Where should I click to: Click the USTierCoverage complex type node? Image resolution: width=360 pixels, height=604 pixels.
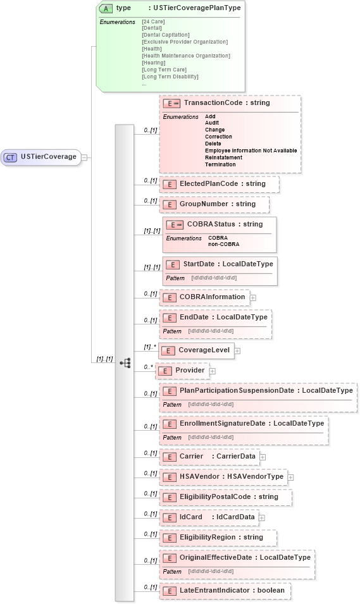click(42, 157)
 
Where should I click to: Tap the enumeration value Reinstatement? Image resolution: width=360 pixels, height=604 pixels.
click(223, 157)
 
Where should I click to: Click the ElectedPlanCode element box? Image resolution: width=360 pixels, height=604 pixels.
click(219, 184)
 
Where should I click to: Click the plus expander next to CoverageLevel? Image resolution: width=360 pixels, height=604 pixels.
click(237, 350)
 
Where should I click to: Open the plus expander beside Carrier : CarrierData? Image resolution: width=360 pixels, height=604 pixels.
click(262, 456)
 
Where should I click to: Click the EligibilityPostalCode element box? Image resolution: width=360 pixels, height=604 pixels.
click(225, 496)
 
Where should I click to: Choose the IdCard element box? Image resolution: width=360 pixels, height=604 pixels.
click(209, 517)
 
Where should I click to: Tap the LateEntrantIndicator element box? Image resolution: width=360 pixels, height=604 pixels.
click(225, 590)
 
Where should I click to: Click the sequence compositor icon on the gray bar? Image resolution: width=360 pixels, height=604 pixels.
click(125, 362)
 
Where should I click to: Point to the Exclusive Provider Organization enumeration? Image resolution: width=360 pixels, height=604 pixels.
click(185, 42)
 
